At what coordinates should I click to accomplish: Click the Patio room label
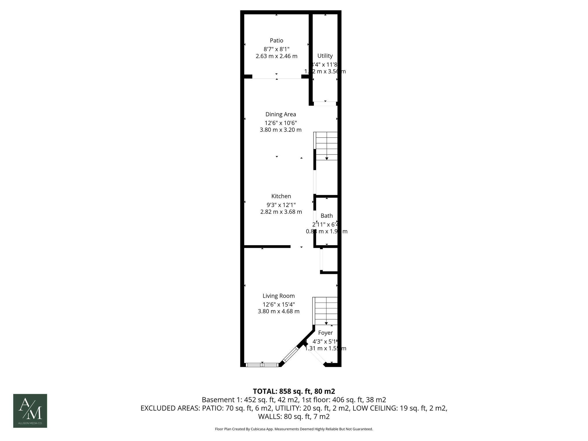(x=276, y=40)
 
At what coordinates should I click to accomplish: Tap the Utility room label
(x=325, y=56)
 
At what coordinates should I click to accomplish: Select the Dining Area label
(x=281, y=114)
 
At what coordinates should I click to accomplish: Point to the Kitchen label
(x=281, y=196)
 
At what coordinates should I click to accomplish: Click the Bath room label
(x=327, y=216)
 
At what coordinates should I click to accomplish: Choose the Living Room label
(x=278, y=296)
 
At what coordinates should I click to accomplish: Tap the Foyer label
(x=325, y=332)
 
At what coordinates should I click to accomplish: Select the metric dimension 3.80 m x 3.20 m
(x=281, y=130)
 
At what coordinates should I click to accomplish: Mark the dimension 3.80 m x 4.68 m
(x=278, y=311)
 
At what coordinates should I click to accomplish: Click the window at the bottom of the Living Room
(x=262, y=365)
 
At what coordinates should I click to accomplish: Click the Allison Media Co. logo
(x=30, y=411)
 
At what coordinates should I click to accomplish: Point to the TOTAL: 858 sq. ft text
(x=294, y=391)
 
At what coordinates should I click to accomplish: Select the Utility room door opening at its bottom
(x=325, y=104)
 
